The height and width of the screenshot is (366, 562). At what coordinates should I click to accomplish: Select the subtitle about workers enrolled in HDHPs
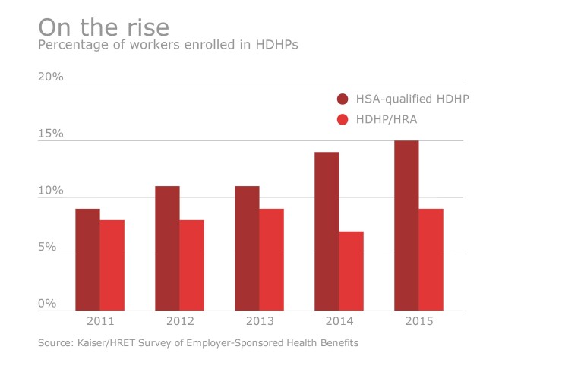pos(168,46)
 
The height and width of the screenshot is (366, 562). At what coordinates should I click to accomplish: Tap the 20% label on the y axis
pos(50,77)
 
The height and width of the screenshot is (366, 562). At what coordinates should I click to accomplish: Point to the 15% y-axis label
pos(50,134)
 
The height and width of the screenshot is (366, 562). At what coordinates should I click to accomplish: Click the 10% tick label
pos(50,191)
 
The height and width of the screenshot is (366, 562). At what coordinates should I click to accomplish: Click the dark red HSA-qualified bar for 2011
pos(87,260)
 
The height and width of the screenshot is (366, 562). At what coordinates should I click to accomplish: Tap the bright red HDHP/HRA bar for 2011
pos(112,265)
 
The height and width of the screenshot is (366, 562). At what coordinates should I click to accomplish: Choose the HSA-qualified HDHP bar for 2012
pos(167,248)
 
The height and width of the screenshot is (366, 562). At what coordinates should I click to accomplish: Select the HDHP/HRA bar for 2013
pos(271,260)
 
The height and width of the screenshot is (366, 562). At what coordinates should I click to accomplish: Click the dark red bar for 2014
pos(327,232)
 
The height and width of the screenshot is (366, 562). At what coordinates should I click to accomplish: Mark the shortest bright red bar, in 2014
pos(351,271)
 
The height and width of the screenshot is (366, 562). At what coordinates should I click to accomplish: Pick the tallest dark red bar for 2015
pos(406,226)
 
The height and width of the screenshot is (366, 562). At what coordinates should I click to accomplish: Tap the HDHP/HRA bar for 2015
pos(431,260)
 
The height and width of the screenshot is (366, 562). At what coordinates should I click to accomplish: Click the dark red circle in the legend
pos(343,99)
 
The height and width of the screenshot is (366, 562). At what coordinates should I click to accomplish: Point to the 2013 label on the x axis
pos(259,322)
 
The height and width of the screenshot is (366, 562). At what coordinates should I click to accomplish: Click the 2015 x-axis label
pos(418,322)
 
